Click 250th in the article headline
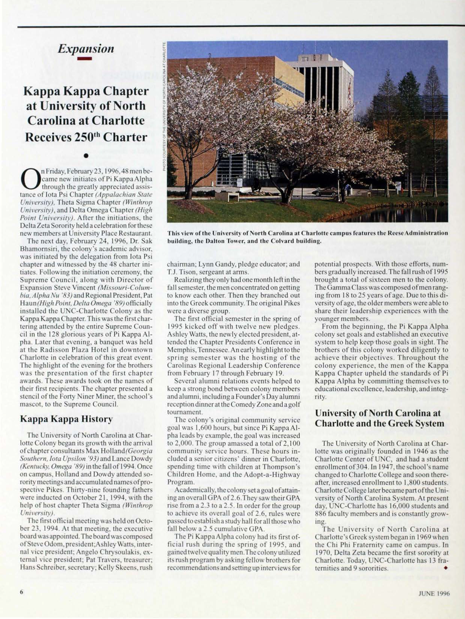pyautogui.click(x=81, y=137)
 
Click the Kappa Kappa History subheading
pyautogui.click(x=66, y=419)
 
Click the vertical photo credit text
pyautogui.click(x=165, y=106)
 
